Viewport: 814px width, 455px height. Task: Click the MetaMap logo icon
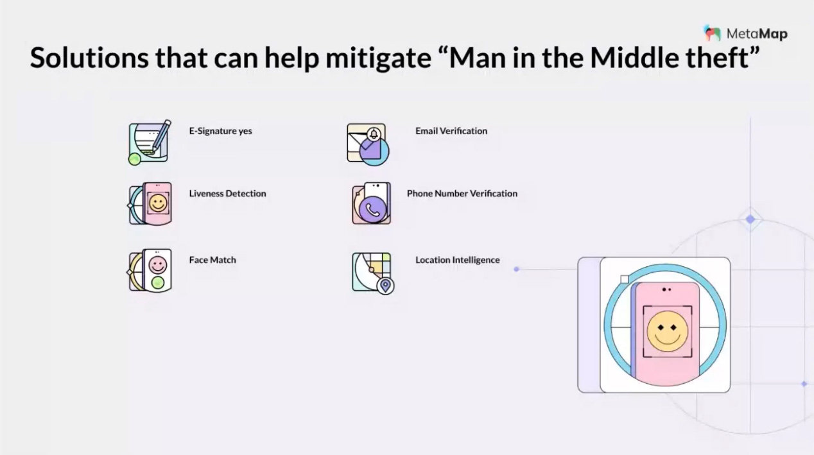712,33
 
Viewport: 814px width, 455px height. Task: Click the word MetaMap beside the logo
757,34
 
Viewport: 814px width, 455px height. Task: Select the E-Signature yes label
220,131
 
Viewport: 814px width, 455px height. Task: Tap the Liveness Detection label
227,193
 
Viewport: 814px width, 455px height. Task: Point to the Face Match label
212,260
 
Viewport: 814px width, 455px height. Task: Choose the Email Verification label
451,131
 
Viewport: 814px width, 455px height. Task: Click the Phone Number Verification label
462,193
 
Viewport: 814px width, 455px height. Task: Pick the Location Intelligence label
457,260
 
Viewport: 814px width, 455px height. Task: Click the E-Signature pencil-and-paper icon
149,142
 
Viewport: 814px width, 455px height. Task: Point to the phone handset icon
372,210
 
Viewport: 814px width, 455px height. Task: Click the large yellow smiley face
667,331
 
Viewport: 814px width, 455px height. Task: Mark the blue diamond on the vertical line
750,219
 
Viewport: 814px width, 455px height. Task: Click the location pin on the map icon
385,285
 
